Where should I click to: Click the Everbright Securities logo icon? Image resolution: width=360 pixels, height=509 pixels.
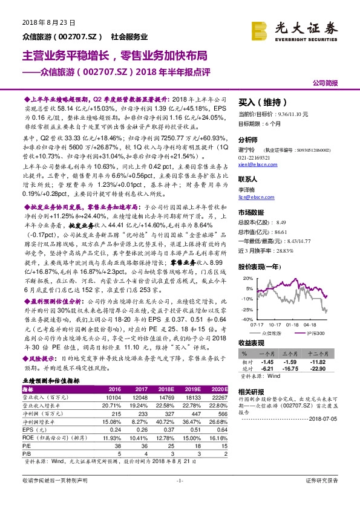262,28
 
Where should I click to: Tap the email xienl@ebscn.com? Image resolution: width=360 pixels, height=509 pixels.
254,164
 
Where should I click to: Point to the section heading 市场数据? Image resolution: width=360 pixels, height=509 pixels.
251,212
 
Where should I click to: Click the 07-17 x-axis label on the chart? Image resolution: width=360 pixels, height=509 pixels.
257,325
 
